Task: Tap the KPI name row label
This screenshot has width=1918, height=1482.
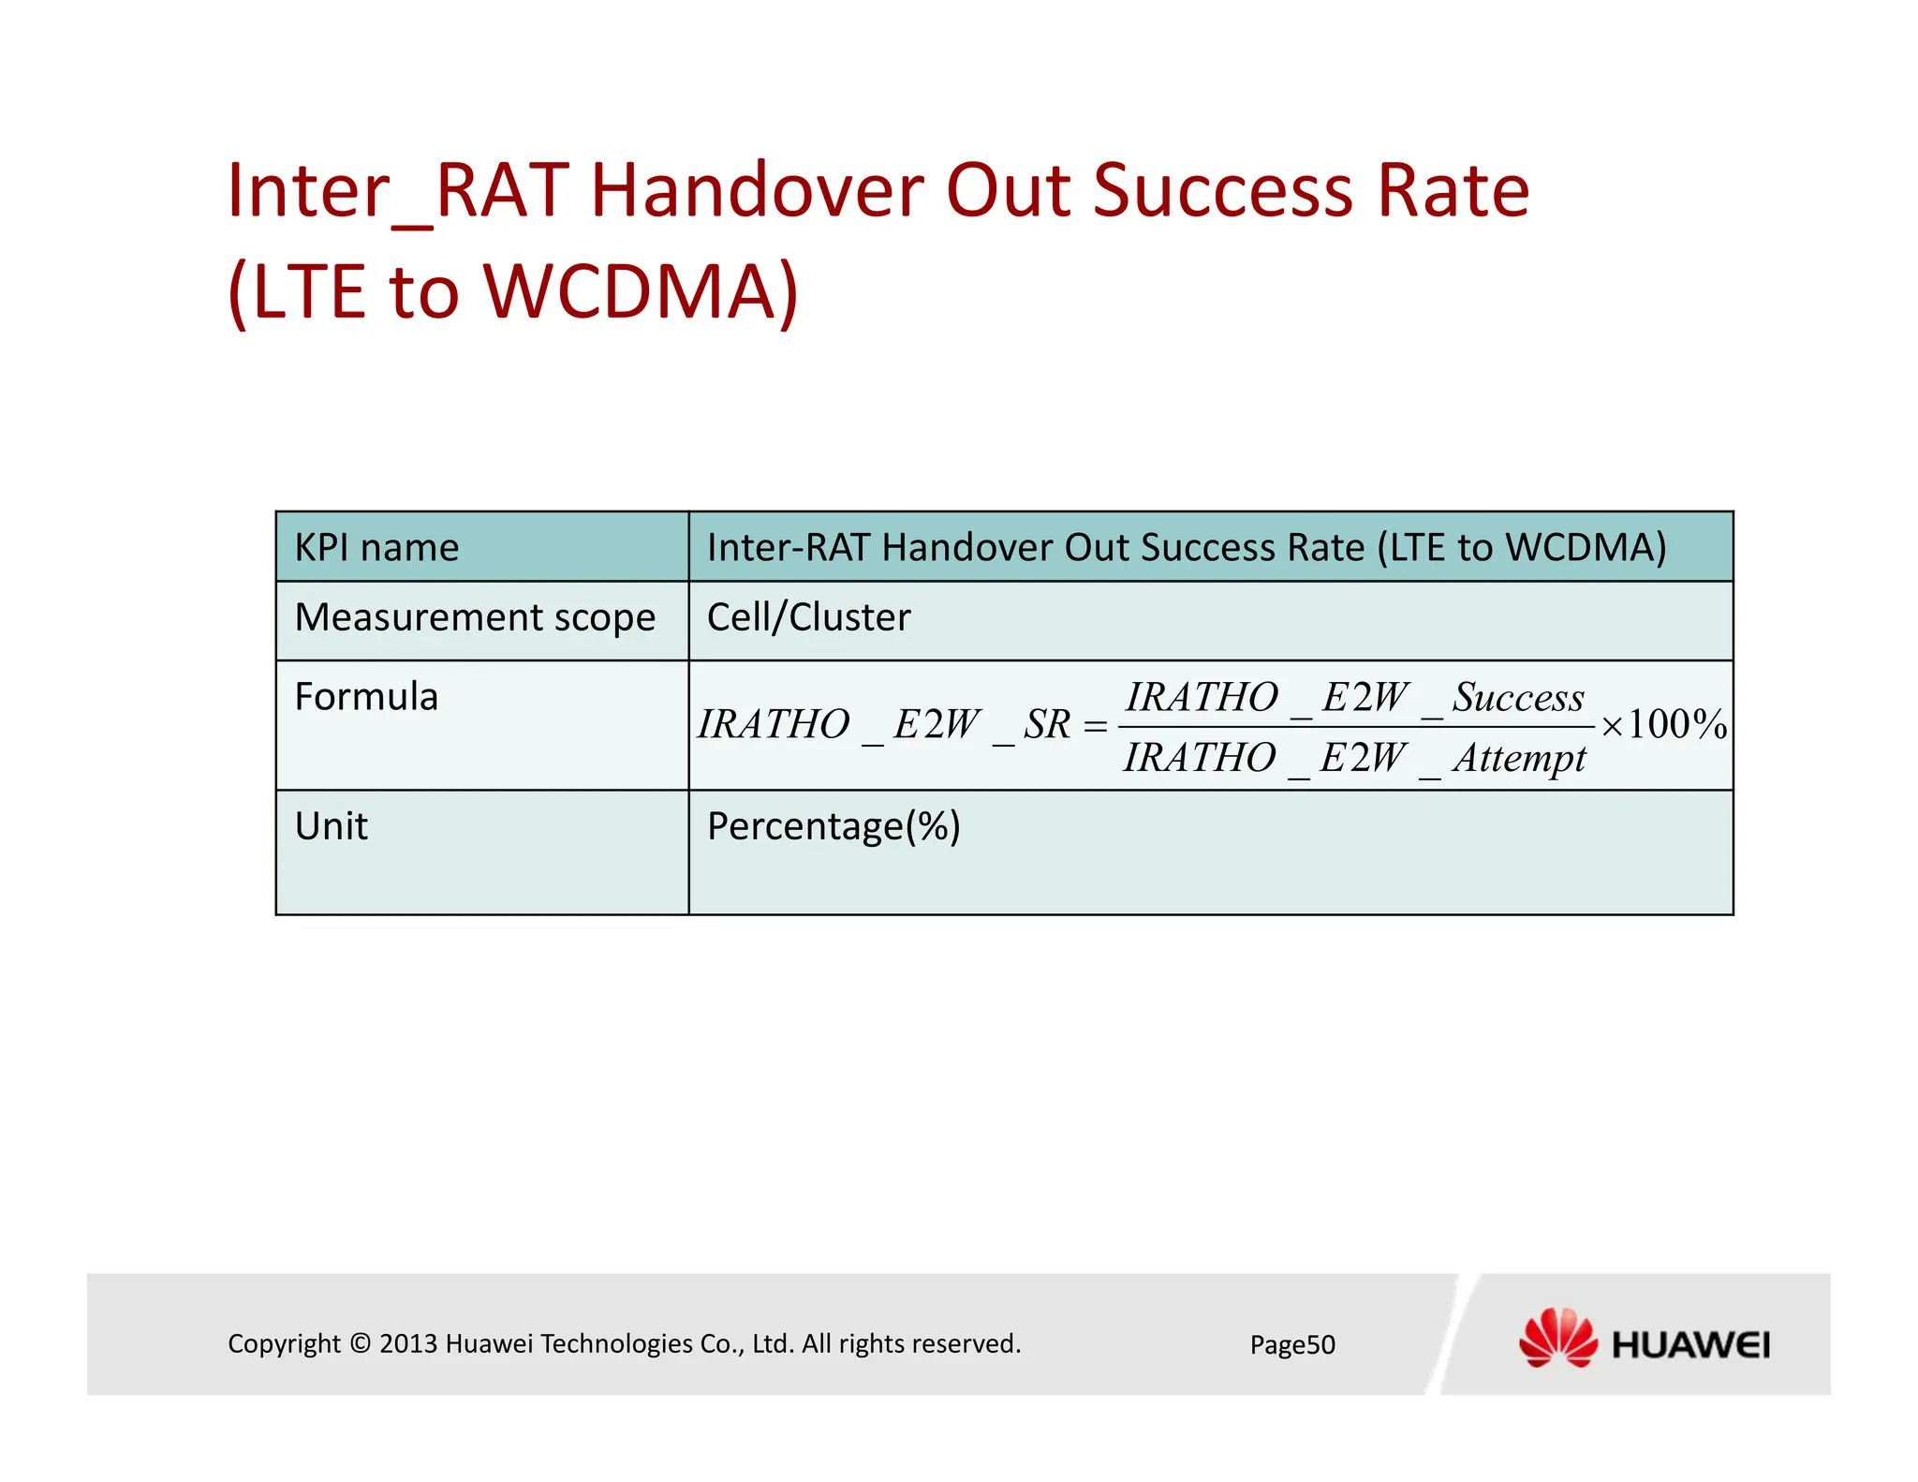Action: pyautogui.click(x=376, y=548)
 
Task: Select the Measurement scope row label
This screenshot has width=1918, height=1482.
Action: pyautogui.click(x=475, y=618)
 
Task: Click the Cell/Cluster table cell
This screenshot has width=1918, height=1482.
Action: pyautogui.click(x=808, y=618)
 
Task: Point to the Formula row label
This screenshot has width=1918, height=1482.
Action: pyautogui.click(x=366, y=698)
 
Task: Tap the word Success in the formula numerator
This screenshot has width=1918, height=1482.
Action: pyautogui.click(x=1518, y=698)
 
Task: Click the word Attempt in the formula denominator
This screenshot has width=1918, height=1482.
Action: pyautogui.click(x=1519, y=758)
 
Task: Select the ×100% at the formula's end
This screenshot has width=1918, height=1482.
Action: pyautogui.click(x=1663, y=725)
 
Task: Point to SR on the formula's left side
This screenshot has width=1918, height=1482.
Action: pyautogui.click(x=1046, y=725)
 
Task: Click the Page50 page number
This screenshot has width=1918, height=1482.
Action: pyautogui.click(x=1292, y=1345)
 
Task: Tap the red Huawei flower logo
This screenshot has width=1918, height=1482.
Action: pyautogui.click(x=1557, y=1338)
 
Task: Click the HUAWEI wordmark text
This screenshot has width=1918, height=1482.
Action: pyautogui.click(x=1690, y=1346)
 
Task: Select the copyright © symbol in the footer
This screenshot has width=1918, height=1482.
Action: pyautogui.click(x=360, y=1344)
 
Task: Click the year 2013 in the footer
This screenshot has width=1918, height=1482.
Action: pyautogui.click(x=408, y=1344)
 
